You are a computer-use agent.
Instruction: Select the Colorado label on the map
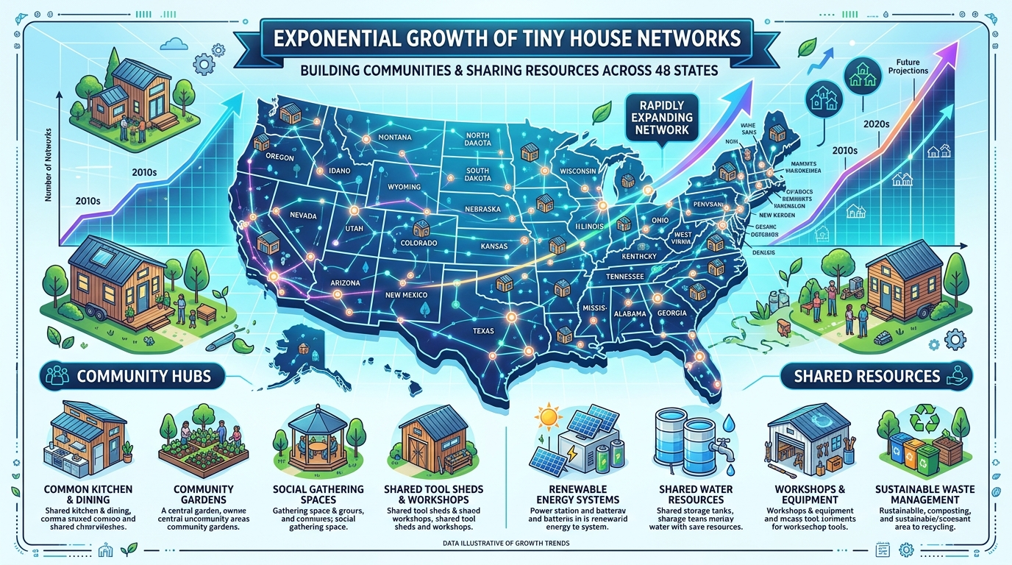coord(418,243)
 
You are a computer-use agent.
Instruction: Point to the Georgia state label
coord(671,313)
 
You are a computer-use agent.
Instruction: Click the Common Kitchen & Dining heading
coord(88,494)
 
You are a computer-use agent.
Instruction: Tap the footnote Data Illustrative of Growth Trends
coord(506,543)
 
